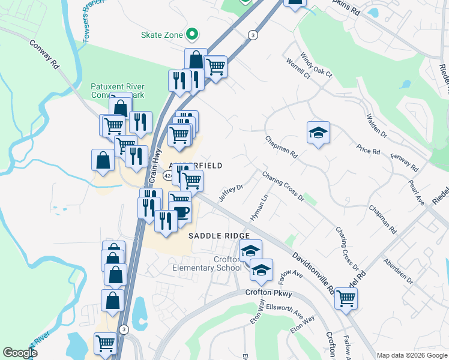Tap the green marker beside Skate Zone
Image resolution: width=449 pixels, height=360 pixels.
click(x=193, y=35)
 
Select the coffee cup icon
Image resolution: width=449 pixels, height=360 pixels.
click(x=180, y=212)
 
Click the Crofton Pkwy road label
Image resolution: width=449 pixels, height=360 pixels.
click(x=268, y=293)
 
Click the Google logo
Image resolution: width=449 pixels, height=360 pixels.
click(x=20, y=353)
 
